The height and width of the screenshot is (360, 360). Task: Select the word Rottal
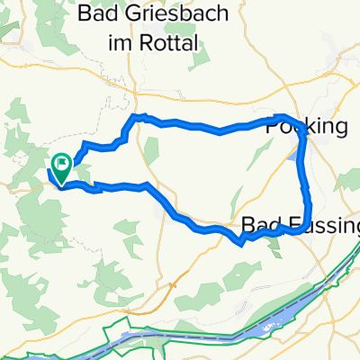(x=173, y=41)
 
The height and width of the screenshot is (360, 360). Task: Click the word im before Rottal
(x=129, y=41)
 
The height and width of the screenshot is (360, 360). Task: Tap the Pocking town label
(x=307, y=127)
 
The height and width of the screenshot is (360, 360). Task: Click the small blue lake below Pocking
(x=296, y=156)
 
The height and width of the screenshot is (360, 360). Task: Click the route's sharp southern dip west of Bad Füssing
(x=239, y=242)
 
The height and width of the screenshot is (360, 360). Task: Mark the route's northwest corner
(x=137, y=117)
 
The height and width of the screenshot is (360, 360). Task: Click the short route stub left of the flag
(x=49, y=174)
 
